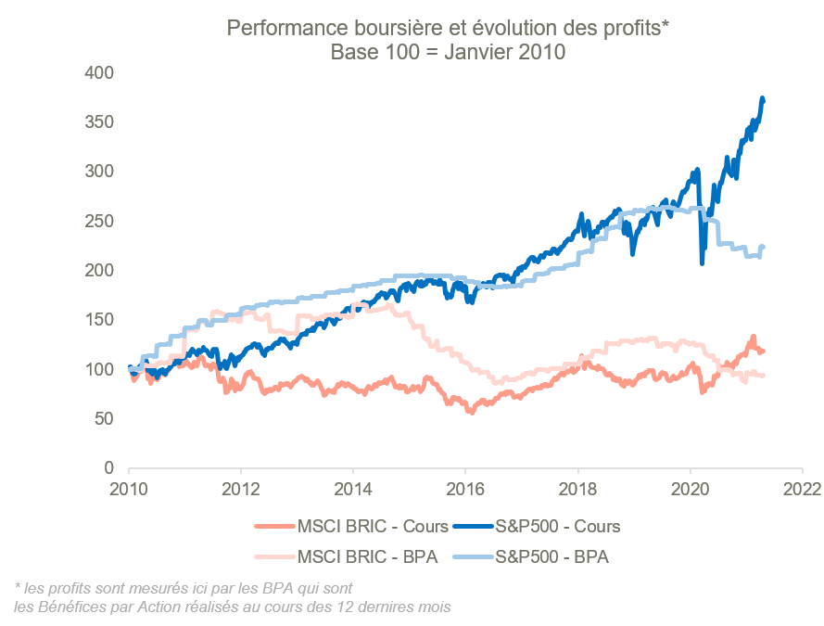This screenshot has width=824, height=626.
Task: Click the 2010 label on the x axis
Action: tap(128, 489)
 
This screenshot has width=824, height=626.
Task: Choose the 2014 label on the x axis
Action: tap(353, 489)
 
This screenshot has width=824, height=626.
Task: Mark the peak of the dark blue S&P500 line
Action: tap(763, 97)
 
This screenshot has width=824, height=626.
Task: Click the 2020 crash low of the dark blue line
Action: tap(702, 264)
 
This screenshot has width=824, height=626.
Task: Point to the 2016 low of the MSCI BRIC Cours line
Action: tap(472, 412)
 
